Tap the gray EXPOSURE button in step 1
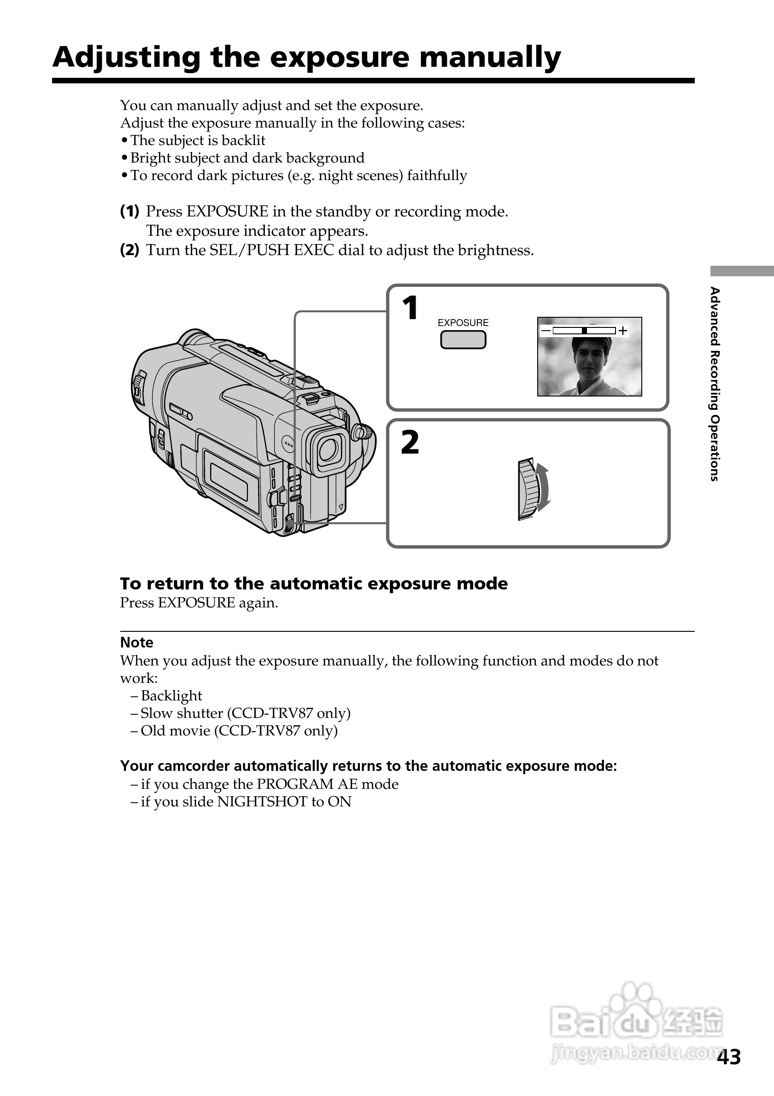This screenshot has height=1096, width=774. (x=463, y=340)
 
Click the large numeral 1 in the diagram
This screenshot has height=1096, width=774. (x=410, y=308)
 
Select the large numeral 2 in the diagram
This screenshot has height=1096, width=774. (x=410, y=443)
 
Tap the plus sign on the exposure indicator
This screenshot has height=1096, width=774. (x=622, y=331)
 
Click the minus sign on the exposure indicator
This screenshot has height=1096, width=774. (x=545, y=331)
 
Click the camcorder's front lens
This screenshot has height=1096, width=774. (x=328, y=449)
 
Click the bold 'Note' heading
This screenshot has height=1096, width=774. (x=136, y=642)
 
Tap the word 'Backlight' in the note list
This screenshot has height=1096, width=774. (x=171, y=695)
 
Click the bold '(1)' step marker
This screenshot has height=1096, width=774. (x=129, y=211)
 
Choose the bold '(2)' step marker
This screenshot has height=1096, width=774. (x=129, y=250)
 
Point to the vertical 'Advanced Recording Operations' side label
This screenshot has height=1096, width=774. (x=714, y=384)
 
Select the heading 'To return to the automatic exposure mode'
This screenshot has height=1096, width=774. (x=314, y=583)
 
